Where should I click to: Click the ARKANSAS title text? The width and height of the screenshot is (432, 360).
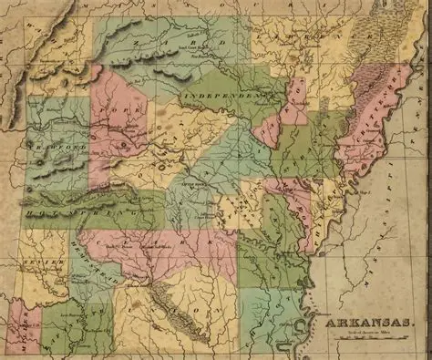pos(362,321)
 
